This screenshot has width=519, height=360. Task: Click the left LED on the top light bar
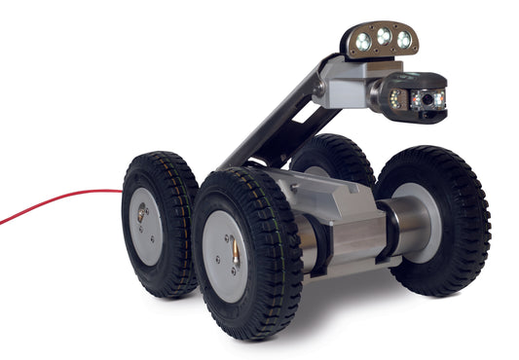[x=362, y=42]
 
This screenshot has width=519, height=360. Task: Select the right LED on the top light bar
[x=403, y=40]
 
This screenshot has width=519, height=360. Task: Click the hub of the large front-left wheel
[x=227, y=256]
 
